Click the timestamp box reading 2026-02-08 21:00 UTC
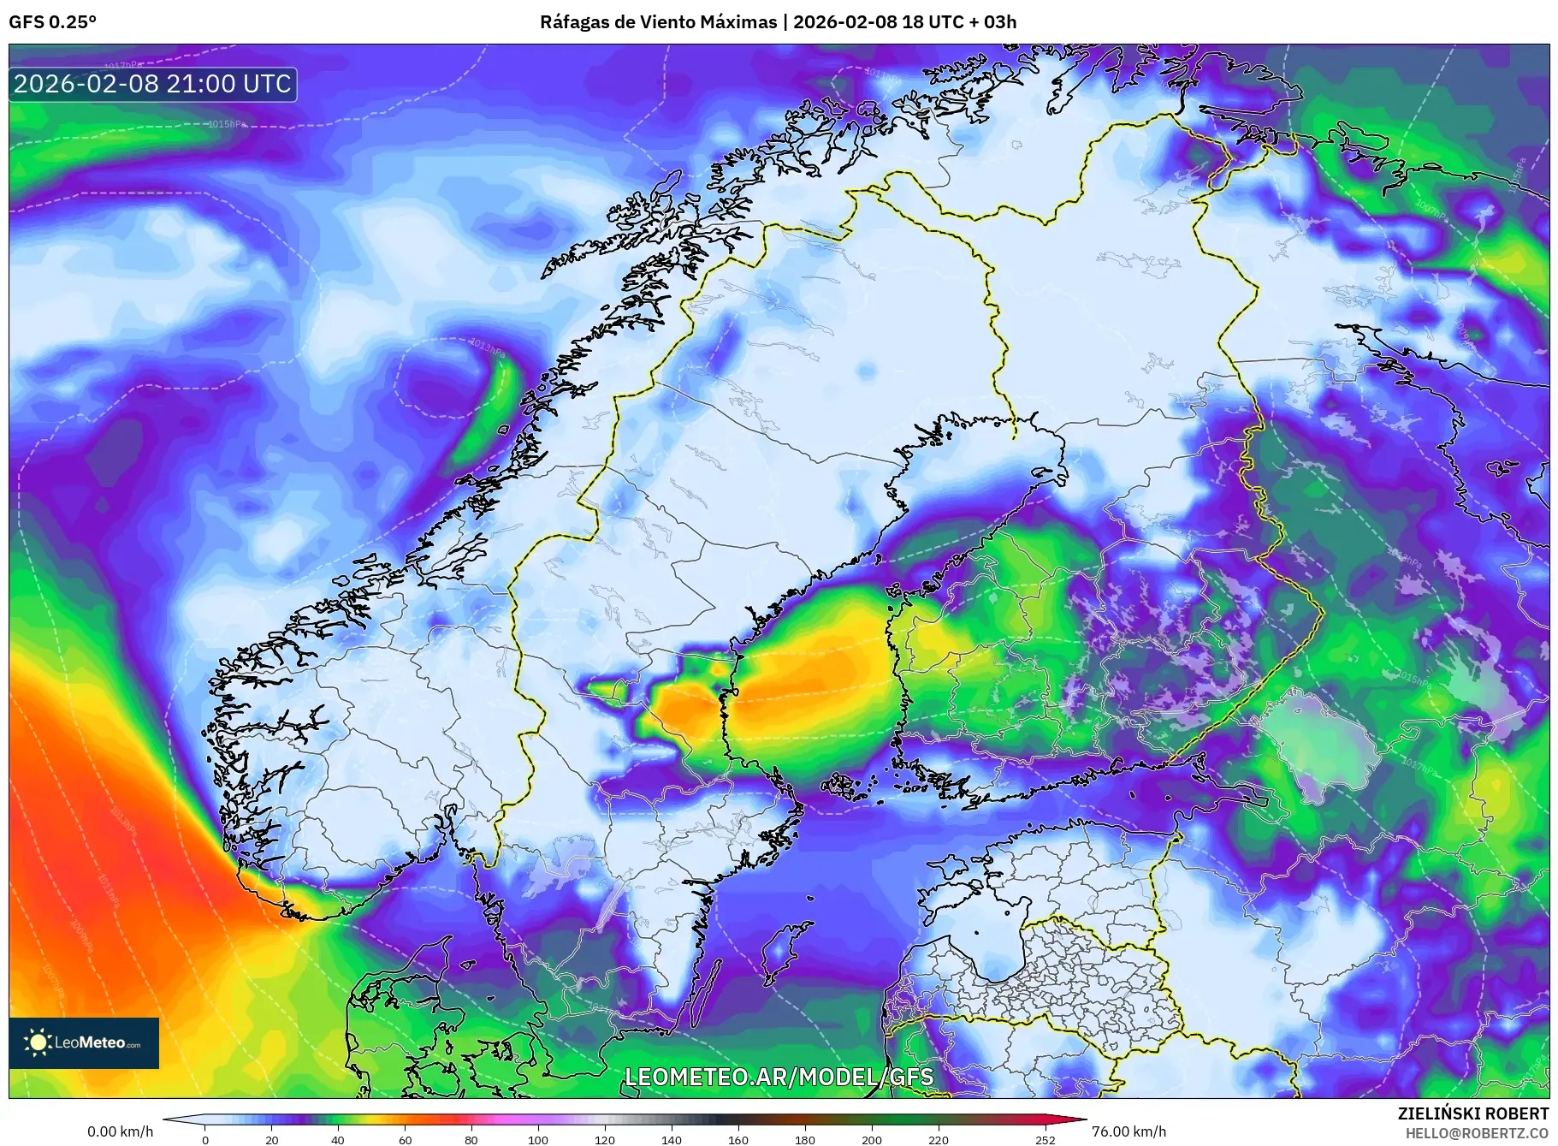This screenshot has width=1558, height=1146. pos(153,84)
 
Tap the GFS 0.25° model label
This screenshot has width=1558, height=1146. pos(52,22)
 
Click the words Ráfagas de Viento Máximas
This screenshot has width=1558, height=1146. pos(658,22)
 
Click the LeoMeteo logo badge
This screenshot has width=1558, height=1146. pos(84,1042)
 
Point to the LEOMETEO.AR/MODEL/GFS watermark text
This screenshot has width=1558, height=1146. pos(779,1077)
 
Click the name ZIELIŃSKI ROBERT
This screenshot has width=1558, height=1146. pos(1472,1113)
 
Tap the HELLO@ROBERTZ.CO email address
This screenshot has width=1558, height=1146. pos(1477,1133)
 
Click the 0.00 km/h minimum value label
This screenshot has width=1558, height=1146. pos(121,1131)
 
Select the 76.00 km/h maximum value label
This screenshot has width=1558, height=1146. pos(1129,1131)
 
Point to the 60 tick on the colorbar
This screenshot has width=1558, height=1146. pos(405,1140)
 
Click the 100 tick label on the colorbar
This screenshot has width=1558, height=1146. pos(538,1140)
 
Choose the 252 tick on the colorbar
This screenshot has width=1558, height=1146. pos(1045,1140)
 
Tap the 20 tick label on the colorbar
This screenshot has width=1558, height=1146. pos(272,1140)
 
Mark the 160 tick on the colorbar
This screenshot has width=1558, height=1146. pos(738,1140)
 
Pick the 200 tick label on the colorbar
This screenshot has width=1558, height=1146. pos(872,1140)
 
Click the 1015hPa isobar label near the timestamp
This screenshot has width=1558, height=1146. pos(227,124)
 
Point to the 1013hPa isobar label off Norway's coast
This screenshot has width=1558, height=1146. pos(487,346)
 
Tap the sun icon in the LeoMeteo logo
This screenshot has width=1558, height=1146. pos(38,1042)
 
